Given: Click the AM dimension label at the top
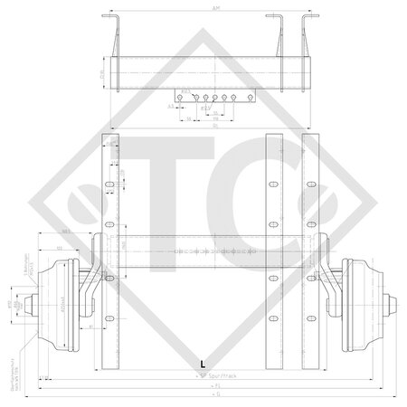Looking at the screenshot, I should (213, 6).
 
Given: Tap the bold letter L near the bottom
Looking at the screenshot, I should (202, 363).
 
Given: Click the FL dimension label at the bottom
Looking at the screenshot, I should (213, 384).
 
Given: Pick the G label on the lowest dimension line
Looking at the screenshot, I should (213, 395).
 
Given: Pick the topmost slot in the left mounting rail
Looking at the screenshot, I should (110, 147).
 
